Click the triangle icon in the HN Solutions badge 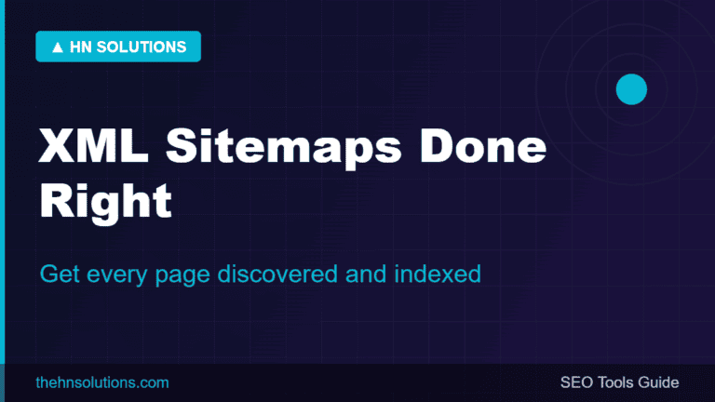(x=58, y=47)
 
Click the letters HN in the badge (x=81, y=47)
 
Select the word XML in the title (x=93, y=145)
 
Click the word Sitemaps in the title (x=284, y=147)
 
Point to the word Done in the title (x=483, y=145)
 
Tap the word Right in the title (x=105, y=202)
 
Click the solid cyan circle (x=631, y=89)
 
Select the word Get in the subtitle (x=61, y=274)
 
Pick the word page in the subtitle (x=182, y=276)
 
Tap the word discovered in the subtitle (x=277, y=274)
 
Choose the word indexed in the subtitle (x=438, y=274)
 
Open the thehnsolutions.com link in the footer (x=102, y=382)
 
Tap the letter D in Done (x=436, y=145)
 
